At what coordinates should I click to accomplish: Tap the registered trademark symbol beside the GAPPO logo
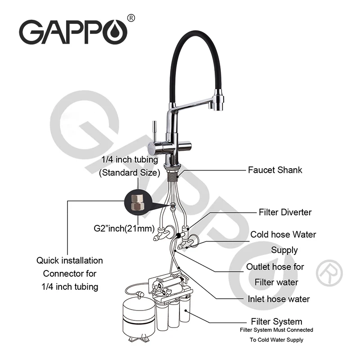131,18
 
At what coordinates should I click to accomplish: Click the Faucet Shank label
275,170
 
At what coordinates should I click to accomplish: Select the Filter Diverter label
285,212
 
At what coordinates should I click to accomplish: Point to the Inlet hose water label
279,299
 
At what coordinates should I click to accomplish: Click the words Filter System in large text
276,322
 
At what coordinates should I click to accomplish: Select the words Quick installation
70,261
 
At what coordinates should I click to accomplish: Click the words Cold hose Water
283,234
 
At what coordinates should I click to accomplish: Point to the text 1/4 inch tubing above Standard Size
129,159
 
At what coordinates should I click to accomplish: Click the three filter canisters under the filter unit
173,315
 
